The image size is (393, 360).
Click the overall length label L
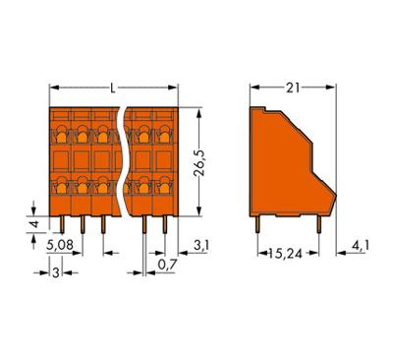(x=114, y=90)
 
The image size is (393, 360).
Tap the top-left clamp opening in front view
(x=61, y=134)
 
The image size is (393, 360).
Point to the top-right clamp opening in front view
(x=165, y=134)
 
